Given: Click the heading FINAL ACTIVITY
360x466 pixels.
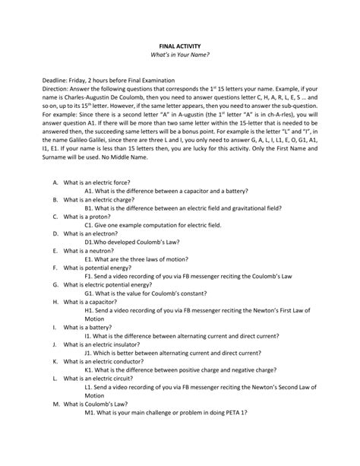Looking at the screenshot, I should coord(180,46).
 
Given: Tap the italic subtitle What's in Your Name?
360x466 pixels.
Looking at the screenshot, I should coord(180,56).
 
